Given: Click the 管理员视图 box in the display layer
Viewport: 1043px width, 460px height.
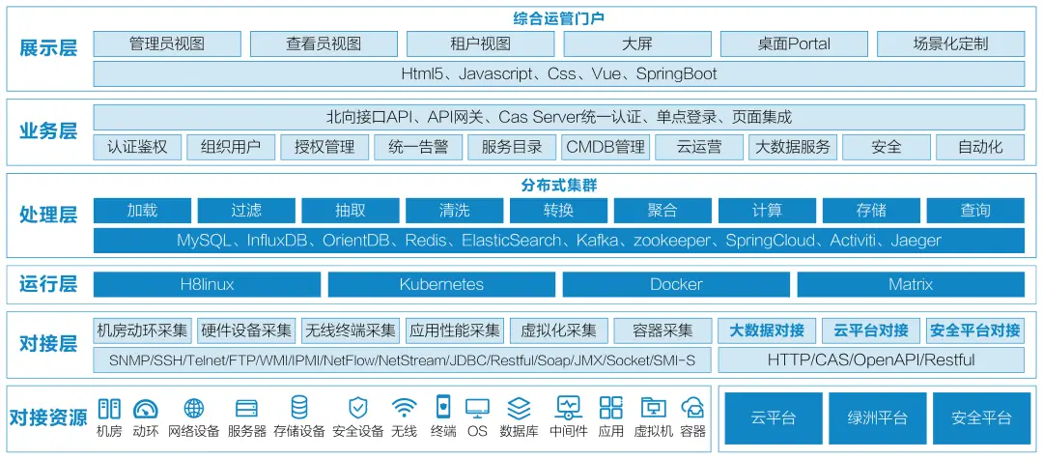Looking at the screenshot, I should tap(167, 44).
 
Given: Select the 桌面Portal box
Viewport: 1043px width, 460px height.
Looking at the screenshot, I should tap(795, 44).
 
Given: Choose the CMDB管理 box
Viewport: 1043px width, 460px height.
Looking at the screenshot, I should tap(606, 147).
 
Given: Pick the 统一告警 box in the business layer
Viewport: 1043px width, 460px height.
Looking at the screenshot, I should tap(418, 147).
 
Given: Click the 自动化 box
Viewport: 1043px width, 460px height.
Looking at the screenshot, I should tap(979, 147).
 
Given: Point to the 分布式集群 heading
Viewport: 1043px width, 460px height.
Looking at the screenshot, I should tap(558, 185).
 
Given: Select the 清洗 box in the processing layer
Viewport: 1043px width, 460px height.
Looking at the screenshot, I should tap(454, 211).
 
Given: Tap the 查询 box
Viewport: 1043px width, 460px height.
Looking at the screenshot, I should tap(975, 211).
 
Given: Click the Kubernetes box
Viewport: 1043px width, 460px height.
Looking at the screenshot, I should tap(441, 284).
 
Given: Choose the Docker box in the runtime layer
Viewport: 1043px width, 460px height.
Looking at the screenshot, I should tap(676, 284).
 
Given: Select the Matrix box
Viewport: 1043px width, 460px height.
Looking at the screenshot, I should tap(911, 284).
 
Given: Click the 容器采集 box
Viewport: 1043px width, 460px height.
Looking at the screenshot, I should tap(662, 331).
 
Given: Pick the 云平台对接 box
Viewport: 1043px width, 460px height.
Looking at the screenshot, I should tap(870, 331).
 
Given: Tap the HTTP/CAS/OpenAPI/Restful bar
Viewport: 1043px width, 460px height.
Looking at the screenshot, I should tap(870, 360).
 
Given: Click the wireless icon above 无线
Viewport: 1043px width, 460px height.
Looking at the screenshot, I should tap(404, 408).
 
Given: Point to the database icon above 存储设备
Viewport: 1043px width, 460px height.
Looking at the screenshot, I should tap(299, 408).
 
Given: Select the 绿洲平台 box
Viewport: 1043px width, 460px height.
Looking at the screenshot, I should tap(877, 417).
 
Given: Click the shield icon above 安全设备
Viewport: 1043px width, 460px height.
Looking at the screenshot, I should tap(357, 408).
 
